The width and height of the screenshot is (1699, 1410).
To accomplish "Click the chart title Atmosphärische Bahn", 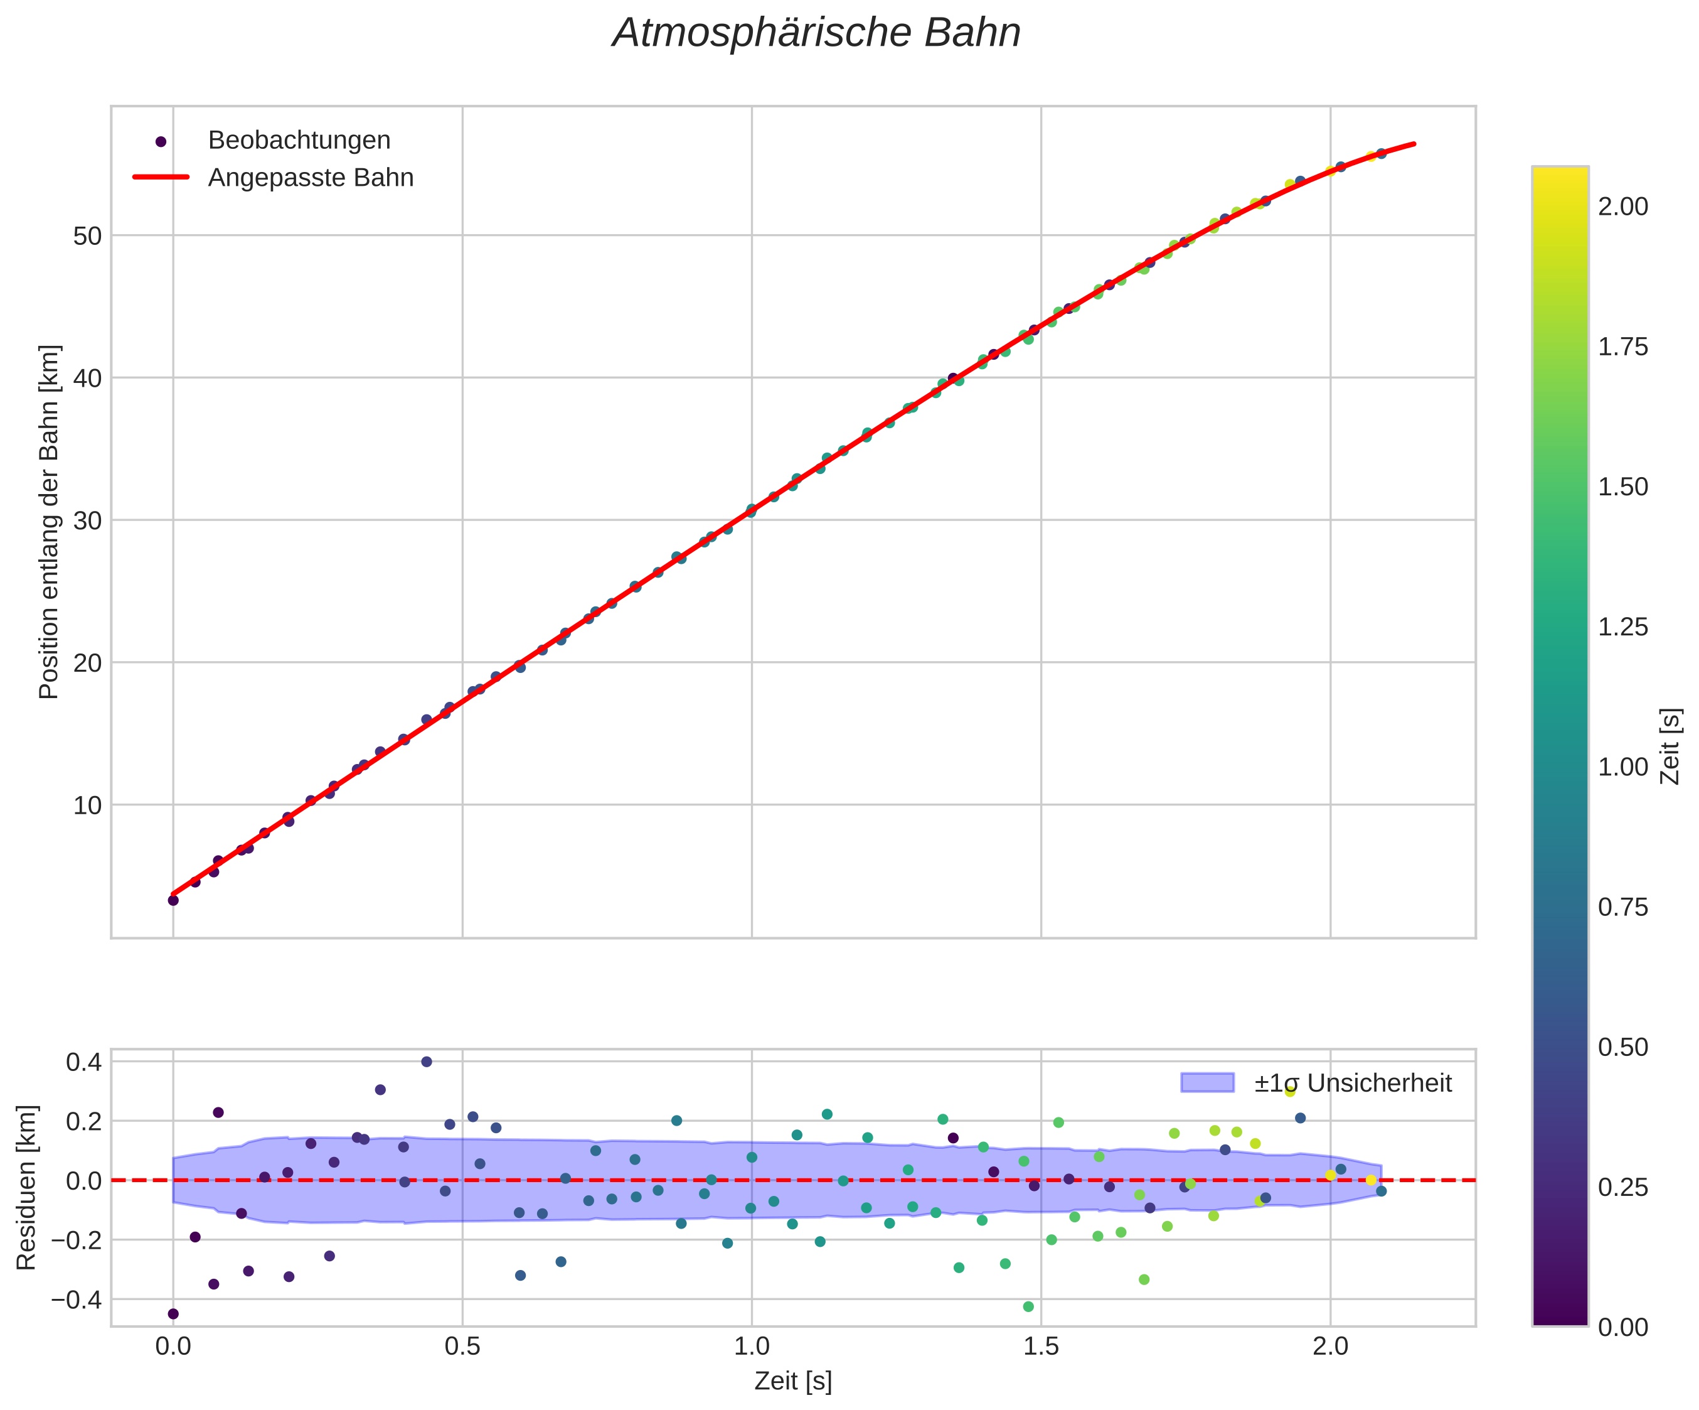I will (x=816, y=34).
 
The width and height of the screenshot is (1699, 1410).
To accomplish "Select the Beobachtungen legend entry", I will (x=299, y=141).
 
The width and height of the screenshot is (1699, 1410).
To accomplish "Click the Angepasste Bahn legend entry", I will (x=310, y=178).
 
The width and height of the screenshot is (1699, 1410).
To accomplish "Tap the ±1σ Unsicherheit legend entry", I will (x=1352, y=1083).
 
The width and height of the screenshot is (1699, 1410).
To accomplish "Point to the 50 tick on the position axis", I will (x=87, y=236).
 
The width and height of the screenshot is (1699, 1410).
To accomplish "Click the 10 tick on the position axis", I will (x=87, y=805).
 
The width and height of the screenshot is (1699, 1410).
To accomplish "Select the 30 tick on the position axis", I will (x=87, y=520).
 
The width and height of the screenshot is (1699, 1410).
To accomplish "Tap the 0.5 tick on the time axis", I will (x=462, y=1348).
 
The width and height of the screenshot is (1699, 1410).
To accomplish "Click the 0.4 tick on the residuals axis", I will (x=83, y=1062).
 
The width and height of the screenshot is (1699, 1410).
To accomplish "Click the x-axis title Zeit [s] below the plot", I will (x=793, y=1382).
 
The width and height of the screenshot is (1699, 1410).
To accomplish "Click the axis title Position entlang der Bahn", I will (x=50, y=522).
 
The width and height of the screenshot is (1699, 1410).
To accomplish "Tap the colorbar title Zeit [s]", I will (x=1670, y=746).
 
